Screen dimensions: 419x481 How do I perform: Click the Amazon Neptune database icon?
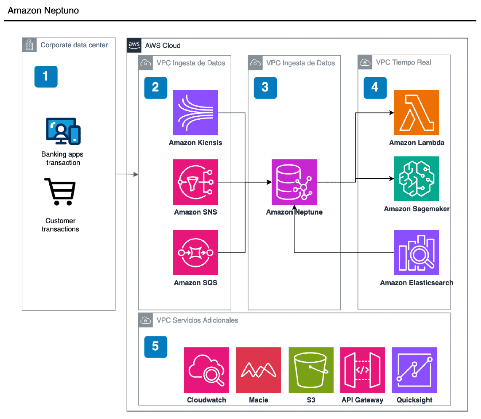click(294, 182)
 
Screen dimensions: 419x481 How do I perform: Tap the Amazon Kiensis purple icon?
click(195, 113)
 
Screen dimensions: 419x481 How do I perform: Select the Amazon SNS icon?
click(195, 182)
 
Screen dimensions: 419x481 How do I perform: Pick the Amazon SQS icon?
click(195, 252)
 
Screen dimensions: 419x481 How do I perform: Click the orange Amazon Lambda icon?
click(417, 113)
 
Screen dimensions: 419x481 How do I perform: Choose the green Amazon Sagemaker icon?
click(417, 179)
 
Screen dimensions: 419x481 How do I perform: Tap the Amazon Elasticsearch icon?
click(417, 252)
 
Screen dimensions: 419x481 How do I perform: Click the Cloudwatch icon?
click(206, 370)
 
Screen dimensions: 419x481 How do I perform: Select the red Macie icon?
click(258, 370)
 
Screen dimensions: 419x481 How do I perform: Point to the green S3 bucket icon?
click(311, 370)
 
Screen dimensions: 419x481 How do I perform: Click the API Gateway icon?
click(362, 370)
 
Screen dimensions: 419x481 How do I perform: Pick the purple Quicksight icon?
click(414, 370)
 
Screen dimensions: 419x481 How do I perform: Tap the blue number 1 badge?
click(45, 76)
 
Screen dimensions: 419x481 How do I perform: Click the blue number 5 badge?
click(155, 346)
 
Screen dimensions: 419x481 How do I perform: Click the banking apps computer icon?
click(63, 131)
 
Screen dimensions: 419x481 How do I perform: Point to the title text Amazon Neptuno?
click(43, 11)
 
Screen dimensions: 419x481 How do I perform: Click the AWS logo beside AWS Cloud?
click(134, 45)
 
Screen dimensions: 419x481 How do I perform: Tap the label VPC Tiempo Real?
click(403, 63)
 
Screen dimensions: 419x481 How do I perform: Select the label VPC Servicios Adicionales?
click(197, 320)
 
